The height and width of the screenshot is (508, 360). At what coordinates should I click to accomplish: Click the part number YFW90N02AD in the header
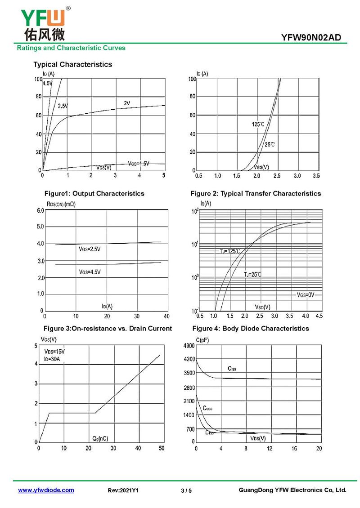click(314, 38)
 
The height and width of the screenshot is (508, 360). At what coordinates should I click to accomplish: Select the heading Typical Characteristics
click(73, 64)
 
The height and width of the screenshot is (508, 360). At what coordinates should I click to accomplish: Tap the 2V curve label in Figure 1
click(127, 103)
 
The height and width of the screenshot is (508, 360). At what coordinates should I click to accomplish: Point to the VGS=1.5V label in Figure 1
click(139, 163)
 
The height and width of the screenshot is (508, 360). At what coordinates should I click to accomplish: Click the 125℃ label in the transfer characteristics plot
click(258, 124)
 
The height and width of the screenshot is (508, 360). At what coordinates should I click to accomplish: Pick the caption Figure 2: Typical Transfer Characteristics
click(256, 193)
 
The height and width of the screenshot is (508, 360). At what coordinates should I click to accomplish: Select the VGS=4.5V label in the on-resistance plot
click(90, 272)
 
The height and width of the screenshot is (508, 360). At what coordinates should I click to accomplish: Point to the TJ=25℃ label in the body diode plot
click(252, 274)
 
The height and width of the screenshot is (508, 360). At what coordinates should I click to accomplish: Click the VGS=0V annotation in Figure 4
click(306, 295)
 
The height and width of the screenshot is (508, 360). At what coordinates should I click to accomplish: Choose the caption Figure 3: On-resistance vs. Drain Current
click(108, 328)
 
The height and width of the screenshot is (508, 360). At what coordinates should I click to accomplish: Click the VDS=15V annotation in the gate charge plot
click(54, 351)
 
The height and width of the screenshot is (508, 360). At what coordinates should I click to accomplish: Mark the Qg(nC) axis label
click(100, 438)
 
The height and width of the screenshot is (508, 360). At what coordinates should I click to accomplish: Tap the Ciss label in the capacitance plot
click(232, 369)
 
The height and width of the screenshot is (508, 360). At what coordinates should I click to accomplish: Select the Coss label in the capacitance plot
click(207, 408)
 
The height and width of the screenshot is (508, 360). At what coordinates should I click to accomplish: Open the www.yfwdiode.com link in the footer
click(46, 490)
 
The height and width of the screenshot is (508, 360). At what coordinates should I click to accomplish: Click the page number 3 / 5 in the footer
click(186, 490)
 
